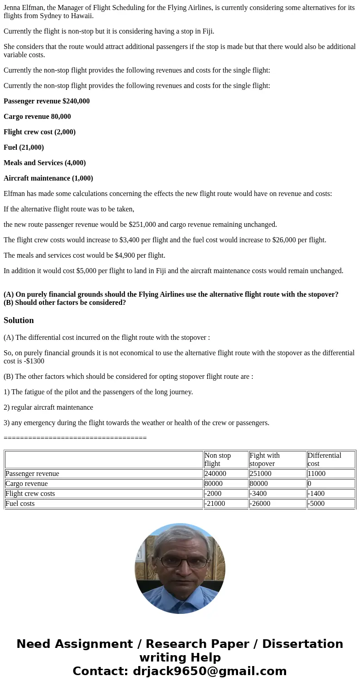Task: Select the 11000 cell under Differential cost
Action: coord(316,474)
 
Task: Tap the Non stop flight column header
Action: coord(218,459)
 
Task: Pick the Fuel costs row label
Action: coord(20,504)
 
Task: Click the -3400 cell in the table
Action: coord(258,494)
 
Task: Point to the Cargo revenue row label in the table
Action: coord(26,484)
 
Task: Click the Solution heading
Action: coord(19,320)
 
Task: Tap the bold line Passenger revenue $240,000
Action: coord(47,101)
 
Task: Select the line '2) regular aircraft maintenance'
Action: coord(49,407)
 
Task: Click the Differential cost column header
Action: coord(324,459)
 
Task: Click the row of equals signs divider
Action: coord(75,438)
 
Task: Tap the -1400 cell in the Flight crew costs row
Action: coord(316,494)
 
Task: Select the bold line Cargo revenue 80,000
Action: coord(37,117)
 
